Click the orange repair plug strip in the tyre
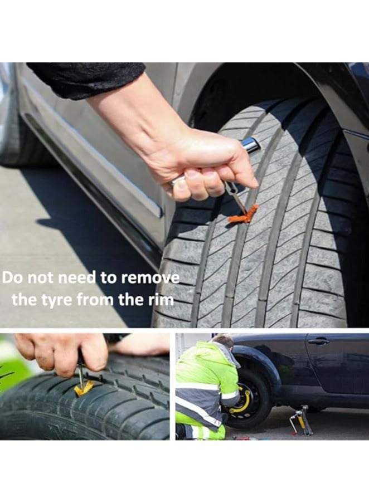pos(244,216)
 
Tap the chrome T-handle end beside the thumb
pos(250,145)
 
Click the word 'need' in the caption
pos(75,278)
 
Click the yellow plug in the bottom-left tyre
pos(84,388)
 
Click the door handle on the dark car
pos(318,341)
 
